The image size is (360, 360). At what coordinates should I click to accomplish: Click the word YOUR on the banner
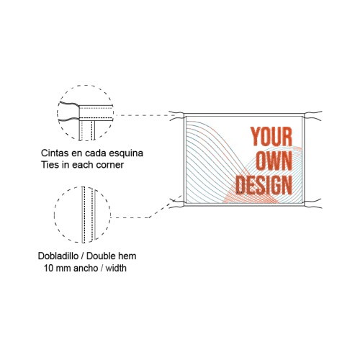(x=271, y=137)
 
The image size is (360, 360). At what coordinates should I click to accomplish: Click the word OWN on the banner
(x=274, y=161)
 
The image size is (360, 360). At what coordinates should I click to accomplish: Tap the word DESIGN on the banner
(x=264, y=185)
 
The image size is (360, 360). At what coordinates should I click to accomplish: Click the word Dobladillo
(x=58, y=256)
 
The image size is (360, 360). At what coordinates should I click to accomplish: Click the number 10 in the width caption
(x=48, y=268)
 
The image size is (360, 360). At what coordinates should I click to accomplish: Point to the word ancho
(x=86, y=268)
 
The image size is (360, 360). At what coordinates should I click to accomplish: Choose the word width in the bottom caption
(x=116, y=268)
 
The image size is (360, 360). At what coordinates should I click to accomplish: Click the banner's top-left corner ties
(x=177, y=114)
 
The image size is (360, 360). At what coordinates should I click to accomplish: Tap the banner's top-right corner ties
(x=312, y=115)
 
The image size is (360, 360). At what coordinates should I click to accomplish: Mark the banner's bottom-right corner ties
(x=312, y=203)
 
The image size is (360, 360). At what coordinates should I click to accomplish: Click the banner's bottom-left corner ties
(x=177, y=203)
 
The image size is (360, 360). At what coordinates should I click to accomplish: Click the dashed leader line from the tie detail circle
(x=147, y=115)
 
